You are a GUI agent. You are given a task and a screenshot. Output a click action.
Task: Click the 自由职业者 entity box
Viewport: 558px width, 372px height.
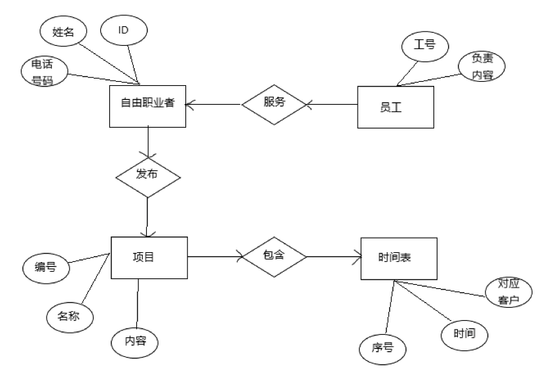coord(147,104)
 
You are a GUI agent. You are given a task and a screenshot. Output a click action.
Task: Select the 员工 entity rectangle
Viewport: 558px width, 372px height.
coord(396,107)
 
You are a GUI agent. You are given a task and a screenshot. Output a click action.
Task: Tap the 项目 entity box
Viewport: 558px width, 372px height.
coord(149,258)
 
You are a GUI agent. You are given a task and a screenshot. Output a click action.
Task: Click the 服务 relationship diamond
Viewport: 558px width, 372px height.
coord(274,103)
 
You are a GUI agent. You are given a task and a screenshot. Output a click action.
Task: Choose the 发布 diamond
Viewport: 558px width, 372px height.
coord(147,176)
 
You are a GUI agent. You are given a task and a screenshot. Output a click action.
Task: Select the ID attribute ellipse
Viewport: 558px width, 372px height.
coord(123,30)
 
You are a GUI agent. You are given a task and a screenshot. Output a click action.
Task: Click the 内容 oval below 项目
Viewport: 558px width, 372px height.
coord(134,341)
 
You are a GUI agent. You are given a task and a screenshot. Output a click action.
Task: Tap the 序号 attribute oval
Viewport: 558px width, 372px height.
coord(384,347)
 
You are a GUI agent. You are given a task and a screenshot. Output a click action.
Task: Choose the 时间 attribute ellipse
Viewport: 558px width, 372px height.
coord(466,333)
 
